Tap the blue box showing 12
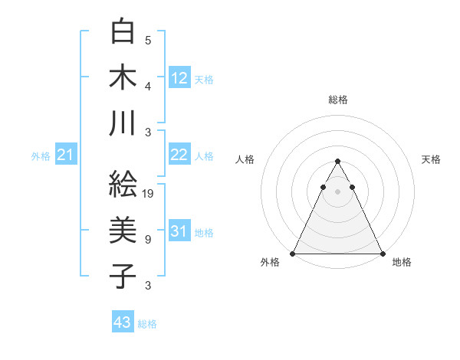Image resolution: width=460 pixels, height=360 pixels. click(179, 77)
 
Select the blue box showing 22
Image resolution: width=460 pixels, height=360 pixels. click(179, 155)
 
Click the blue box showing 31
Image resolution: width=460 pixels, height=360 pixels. click(179, 231)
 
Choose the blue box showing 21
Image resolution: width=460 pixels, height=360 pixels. click(66, 155)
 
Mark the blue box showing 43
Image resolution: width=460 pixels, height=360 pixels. click(123, 322)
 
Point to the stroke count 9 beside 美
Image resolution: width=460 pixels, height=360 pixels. click(147, 240)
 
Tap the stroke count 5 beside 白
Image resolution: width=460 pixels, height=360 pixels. click(147, 40)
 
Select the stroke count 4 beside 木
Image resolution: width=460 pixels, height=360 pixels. click(147, 87)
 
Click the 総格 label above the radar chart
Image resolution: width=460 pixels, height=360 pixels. click(338, 100)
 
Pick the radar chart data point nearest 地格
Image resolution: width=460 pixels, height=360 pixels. click(382, 253)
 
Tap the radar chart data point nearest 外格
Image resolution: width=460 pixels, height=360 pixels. click(294, 253)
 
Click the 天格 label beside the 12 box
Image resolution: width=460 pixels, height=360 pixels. click(204, 79)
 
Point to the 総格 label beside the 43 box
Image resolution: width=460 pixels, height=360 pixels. click(147, 324)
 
